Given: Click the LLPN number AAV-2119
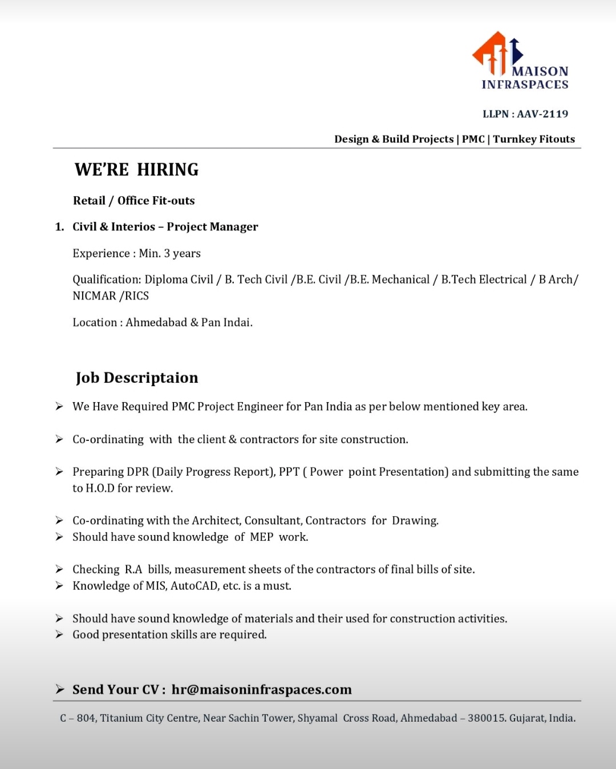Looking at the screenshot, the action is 542,114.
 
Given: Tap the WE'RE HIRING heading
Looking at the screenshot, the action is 136,169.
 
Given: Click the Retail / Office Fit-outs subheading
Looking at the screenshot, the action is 133,201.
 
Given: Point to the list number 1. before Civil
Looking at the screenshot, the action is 59,227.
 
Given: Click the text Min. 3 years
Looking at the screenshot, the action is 170,253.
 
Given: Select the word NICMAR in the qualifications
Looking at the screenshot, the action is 94,296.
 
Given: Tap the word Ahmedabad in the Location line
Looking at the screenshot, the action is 156,322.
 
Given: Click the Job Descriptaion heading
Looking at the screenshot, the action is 137,378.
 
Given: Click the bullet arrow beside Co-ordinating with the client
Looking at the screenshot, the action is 59,439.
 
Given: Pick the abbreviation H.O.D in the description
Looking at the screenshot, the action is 100,488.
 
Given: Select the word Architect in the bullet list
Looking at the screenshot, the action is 216,521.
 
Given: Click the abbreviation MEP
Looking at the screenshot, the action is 261,537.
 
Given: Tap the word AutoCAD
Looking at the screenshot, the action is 194,586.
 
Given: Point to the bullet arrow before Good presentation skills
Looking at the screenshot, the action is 59,635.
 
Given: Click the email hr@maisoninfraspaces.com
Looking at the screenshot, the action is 262,690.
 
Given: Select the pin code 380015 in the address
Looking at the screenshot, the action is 485,718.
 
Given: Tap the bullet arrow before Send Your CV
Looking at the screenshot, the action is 59,689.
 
